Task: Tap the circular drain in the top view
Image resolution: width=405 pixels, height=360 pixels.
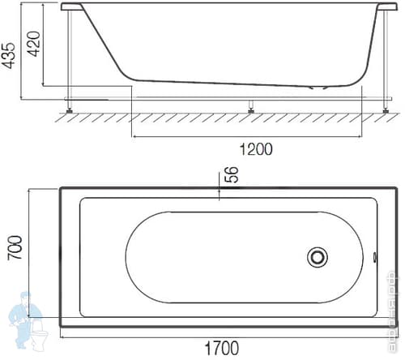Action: pyautogui.click(x=317, y=258)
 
